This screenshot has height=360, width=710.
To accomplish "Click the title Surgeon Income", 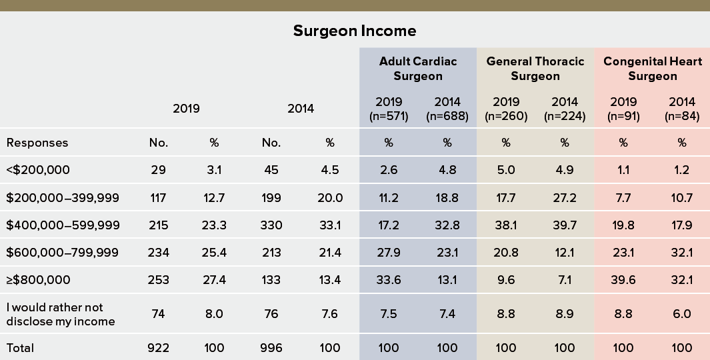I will click(355, 31).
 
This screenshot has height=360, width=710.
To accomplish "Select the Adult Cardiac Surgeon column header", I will click(418, 69).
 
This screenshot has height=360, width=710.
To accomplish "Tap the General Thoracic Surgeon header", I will click(535, 69).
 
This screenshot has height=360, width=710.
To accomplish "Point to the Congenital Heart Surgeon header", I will click(653, 69).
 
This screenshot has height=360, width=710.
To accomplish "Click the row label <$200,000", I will click(38, 170).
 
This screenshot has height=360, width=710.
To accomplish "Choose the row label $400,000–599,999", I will click(63, 225).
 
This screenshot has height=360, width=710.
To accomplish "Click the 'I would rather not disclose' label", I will click(61, 314).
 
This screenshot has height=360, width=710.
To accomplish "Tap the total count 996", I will click(272, 348).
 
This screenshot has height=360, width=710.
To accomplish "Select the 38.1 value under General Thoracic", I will click(506, 225).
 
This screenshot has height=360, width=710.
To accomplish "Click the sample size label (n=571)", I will click(389, 117).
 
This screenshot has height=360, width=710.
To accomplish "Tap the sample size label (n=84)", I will click(682, 117).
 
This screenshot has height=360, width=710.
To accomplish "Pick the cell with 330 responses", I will click(272, 225).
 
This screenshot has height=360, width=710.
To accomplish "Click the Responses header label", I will click(37, 143).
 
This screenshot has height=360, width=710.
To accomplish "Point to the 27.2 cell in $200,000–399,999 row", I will click(565, 198).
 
